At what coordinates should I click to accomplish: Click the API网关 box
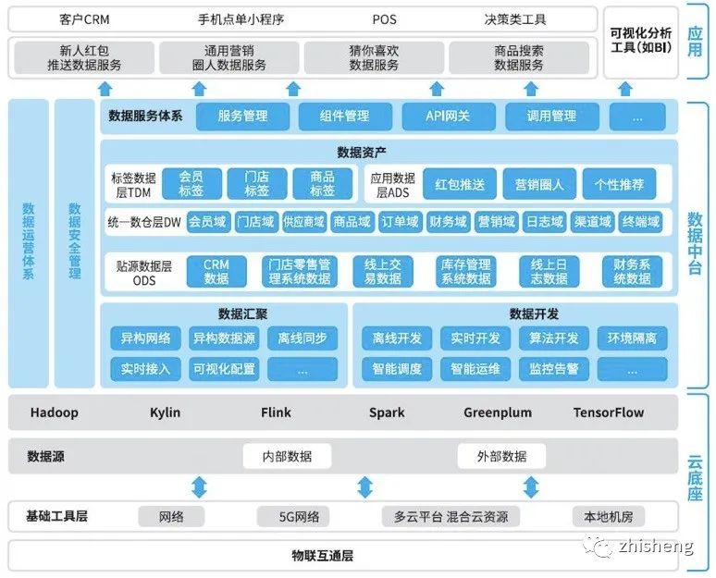pyautogui.click(x=449, y=117)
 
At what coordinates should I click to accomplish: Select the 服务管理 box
pyautogui.click(x=242, y=117)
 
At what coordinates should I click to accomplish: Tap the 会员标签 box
pyautogui.click(x=191, y=184)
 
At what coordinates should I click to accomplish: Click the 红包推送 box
pyautogui.click(x=460, y=184)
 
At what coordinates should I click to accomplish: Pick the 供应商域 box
pyautogui.click(x=303, y=222)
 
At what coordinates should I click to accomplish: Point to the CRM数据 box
pyautogui.click(x=216, y=272)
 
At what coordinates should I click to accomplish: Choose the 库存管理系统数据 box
pyautogui.click(x=465, y=272)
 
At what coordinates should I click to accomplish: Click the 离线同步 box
pyautogui.click(x=302, y=338)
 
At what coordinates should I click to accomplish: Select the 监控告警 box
pyautogui.click(x=553, y=369)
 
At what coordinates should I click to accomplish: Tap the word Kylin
pyautogui.click(x=165, y=412)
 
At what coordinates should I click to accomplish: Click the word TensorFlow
pyautogui.click(x=609, y=412)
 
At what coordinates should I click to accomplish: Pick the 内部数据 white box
pyautogui.click(x=287, y=456)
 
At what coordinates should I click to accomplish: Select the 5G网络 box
pyautogui.click(x=292, y=517)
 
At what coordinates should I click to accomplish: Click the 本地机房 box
pyautogui.click(x=609, y=517)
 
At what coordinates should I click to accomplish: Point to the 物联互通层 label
pyautogui.click(x=322, y=556)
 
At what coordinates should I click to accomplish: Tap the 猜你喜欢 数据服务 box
pyautogui.click(x=374, y=58)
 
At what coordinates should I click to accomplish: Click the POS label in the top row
pyautogui.click(x=385, y=19)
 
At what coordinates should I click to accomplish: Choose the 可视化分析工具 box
pyautogui.click(x=641, y=43)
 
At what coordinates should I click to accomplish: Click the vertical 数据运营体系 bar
pyautogui.click(x=29, y=243)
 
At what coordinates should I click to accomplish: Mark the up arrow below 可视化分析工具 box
pyautogui.click(x=625, y=89)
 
